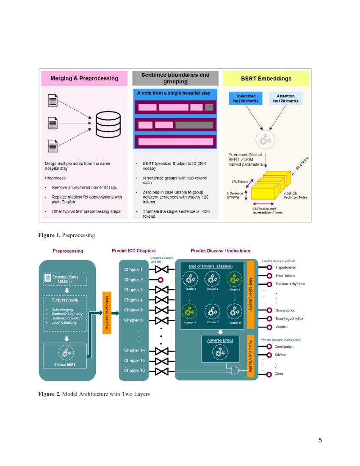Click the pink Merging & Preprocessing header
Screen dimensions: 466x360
[84, 78]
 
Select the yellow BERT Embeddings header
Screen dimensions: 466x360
[266, 78]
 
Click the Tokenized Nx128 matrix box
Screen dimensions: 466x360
[246, 99]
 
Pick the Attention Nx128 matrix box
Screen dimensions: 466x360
[285, 99]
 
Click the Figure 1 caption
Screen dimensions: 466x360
[66, 235]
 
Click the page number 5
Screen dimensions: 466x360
[320, 440]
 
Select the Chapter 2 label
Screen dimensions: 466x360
[133, 280]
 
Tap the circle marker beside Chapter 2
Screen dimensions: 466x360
[161, 280]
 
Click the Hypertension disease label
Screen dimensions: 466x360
[286, 268]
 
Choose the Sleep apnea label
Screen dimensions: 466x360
[285, 311]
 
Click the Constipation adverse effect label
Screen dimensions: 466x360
[284, 347]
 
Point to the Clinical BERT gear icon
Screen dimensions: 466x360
[65, 352]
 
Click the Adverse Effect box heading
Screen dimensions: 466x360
[220, 340]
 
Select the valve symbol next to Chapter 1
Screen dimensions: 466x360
[162, 269]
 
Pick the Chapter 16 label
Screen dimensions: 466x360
[134, 371]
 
